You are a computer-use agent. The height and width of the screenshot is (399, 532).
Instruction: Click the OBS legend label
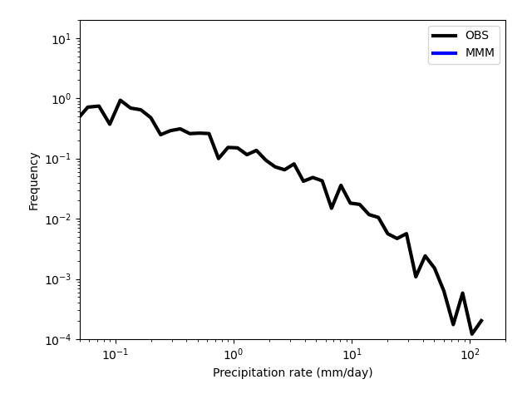pos(476,35)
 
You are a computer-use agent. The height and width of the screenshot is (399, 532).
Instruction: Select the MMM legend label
pos(480,53)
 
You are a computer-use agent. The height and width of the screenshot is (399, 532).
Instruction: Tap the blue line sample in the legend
pos(444,53)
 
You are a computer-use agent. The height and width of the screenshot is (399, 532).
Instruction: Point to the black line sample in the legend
pos(444,36)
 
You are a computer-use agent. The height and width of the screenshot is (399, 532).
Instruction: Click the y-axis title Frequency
pos(33,181)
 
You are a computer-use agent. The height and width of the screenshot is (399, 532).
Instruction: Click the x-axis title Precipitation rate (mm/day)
pos(293,372)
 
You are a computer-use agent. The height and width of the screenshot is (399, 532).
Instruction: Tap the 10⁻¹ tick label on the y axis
pos(58,159)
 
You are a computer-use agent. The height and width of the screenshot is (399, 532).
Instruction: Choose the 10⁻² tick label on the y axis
pos(58,219)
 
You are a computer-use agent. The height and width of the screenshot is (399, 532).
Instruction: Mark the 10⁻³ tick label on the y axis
pos(58,279)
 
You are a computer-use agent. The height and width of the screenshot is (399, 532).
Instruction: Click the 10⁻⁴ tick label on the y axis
pos(58,339)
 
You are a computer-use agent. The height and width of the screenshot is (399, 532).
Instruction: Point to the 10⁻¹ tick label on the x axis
pos(116,354)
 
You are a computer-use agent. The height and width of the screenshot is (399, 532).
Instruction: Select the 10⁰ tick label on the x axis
pos(234,354)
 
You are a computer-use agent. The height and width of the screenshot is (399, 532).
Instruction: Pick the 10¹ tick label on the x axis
pos(352,354)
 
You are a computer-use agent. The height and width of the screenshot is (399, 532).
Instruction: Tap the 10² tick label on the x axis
pos(470,354)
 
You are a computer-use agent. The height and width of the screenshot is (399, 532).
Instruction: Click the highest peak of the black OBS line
pos(120,101)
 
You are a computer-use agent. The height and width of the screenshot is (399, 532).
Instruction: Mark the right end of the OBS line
pos(482,320)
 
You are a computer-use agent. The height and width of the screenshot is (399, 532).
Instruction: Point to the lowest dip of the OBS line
pos(472,334)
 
